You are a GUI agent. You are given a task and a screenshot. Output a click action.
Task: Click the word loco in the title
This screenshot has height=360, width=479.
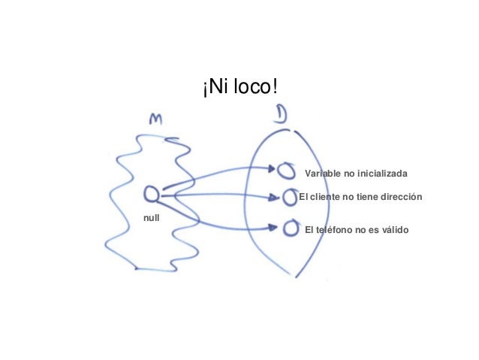tap(255, 88)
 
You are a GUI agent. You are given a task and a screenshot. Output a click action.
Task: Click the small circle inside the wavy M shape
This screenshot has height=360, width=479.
tap(151, 195)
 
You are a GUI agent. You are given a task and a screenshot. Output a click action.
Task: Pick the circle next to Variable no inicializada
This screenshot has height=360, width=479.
tap(285, 171)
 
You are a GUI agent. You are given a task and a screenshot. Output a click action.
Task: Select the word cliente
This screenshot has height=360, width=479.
tap(327, 197)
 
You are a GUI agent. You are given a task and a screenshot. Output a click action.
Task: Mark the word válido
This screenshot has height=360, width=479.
tap(393, 228)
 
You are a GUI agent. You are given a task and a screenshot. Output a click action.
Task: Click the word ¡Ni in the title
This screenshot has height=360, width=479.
tap(212, 88)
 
